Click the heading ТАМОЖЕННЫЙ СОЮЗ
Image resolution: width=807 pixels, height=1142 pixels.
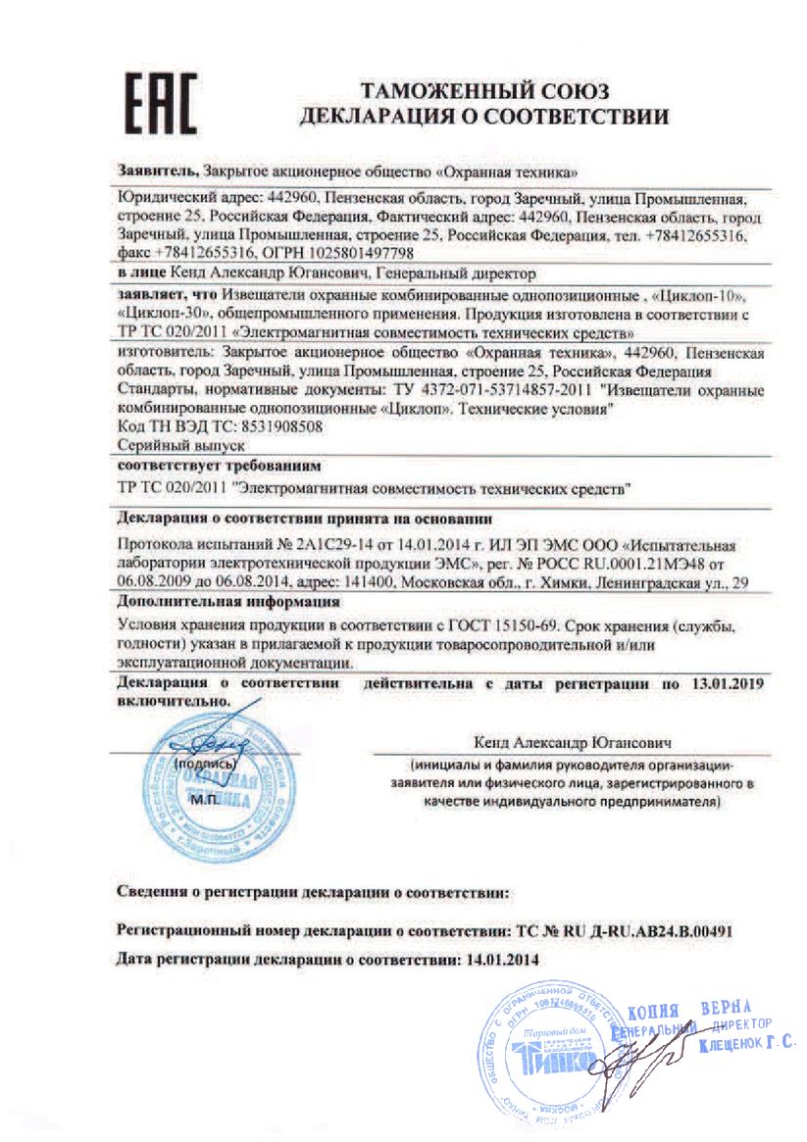[x=484, y=92]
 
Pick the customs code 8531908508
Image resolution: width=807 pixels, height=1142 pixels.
[x=272, y=427]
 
